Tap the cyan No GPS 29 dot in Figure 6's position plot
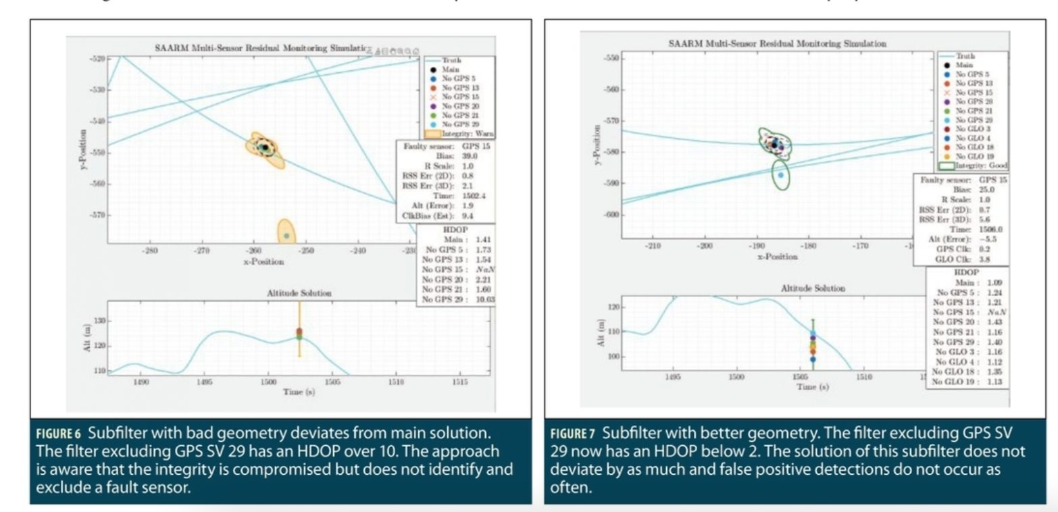point(287,236)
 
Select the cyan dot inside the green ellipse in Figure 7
point(780,175)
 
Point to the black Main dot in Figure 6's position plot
point(265,147)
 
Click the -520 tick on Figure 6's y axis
point(97,59)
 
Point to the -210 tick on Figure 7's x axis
point(653,246)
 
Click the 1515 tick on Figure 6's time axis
point(459,382)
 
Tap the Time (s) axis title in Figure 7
point(813,386)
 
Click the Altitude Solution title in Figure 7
point(812,288)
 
